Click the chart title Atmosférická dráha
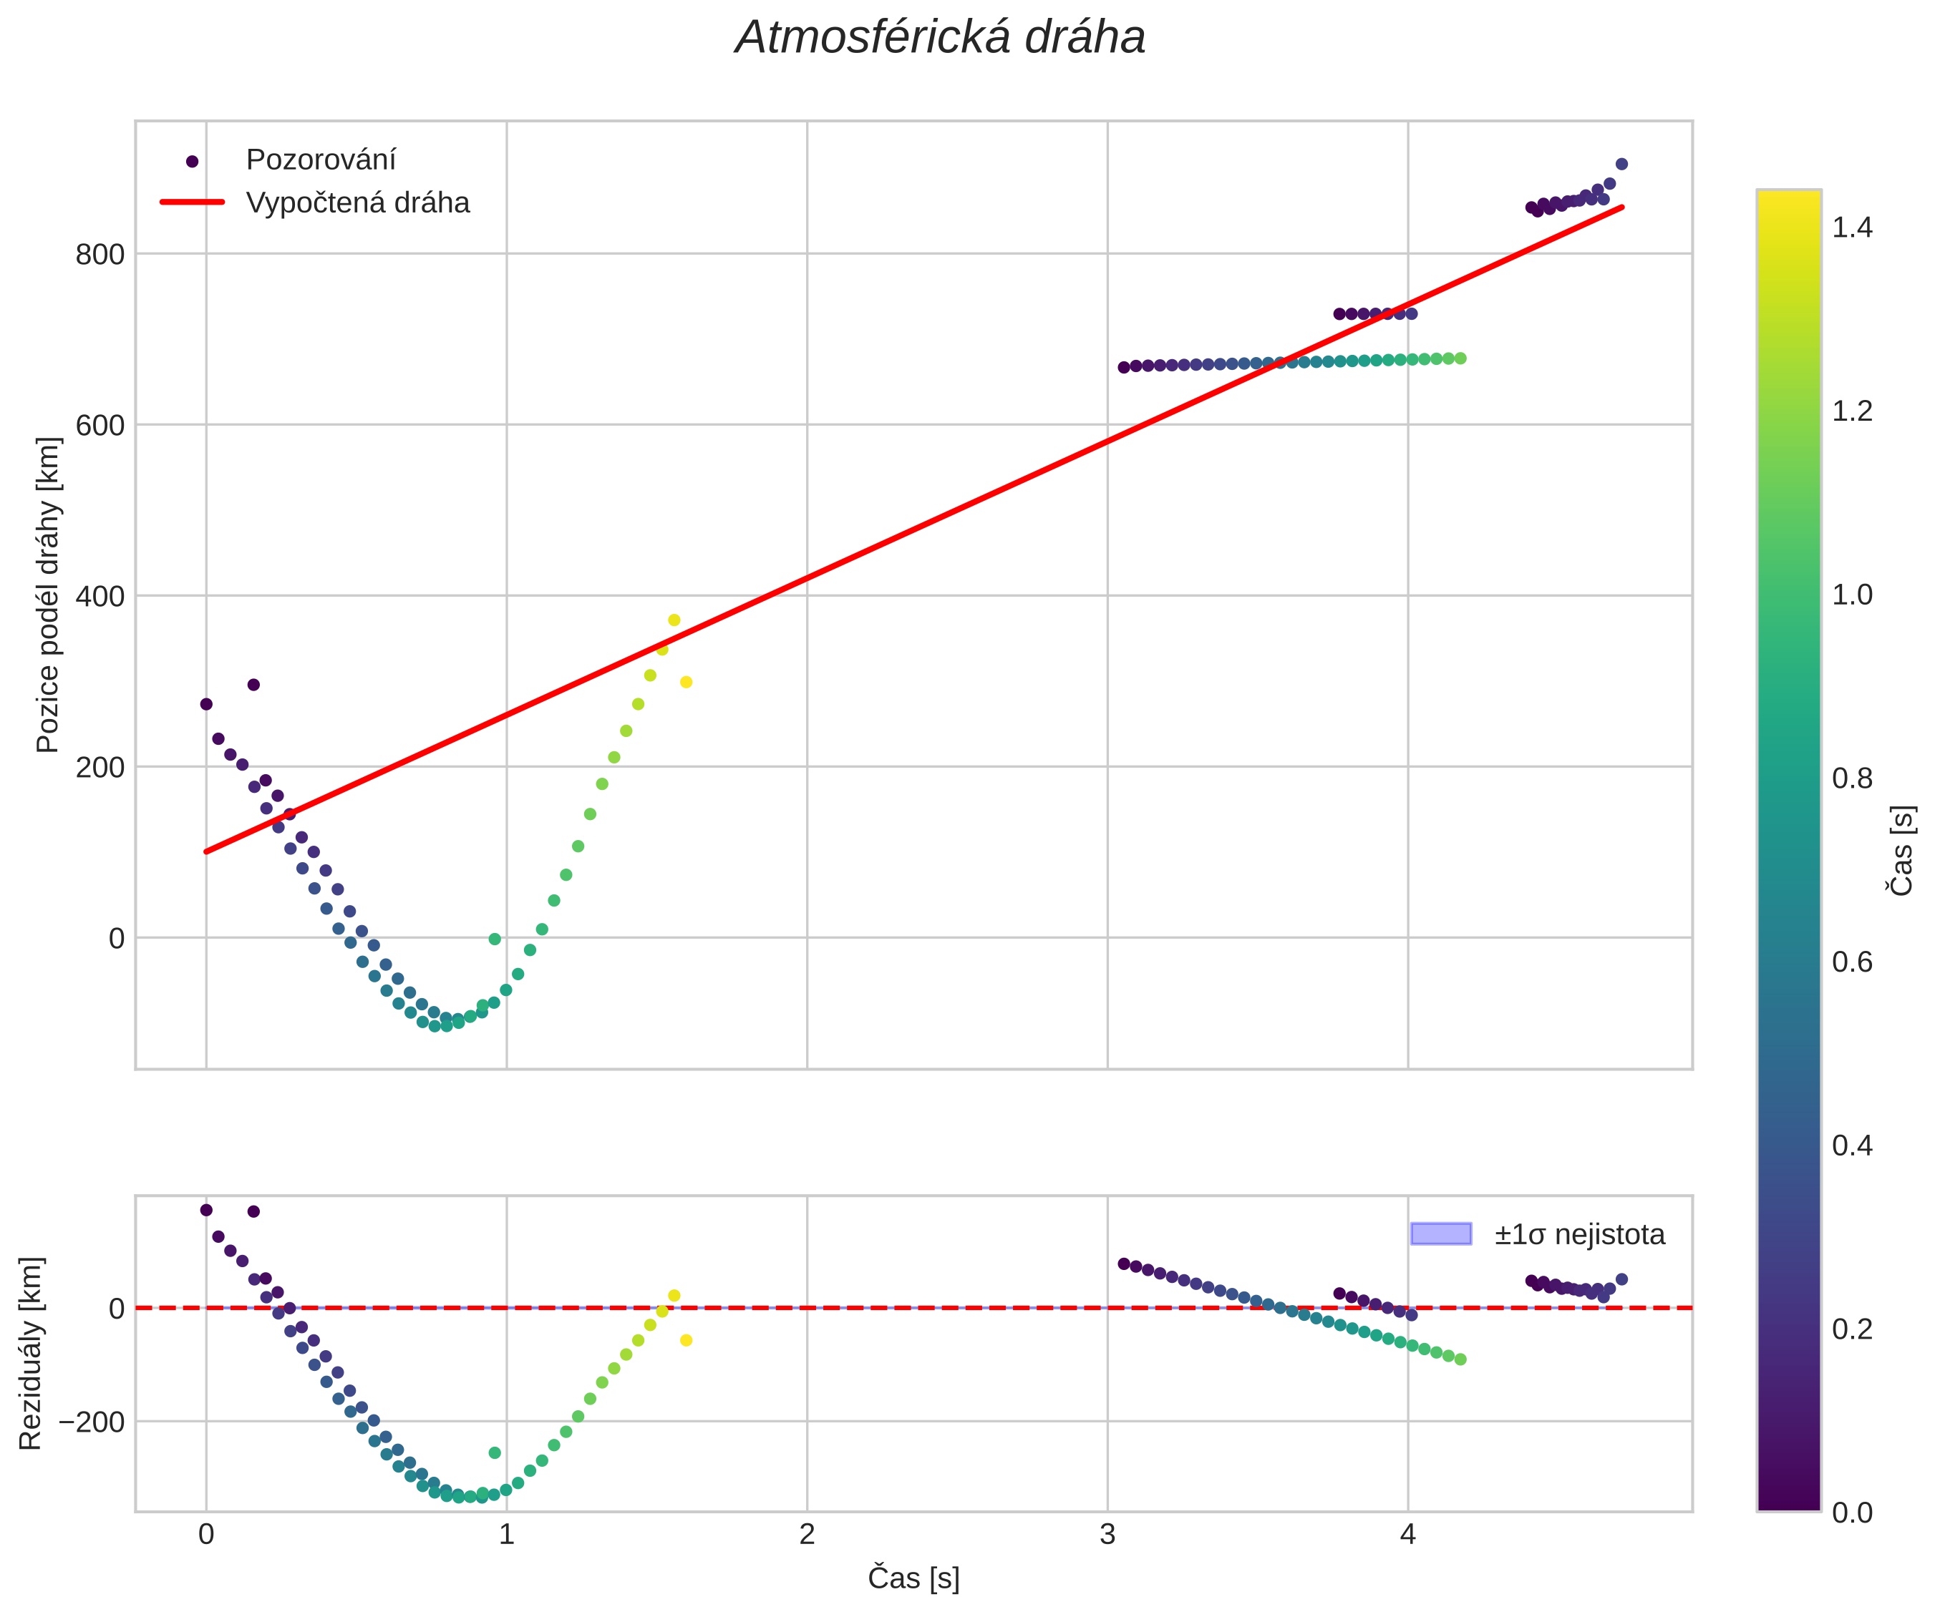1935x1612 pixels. pyautogui.click(x=940, y=39)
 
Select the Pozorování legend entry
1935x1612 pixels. pyautogui.click(x=321, y=160)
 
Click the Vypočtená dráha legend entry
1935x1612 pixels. pyautogui.click(x=357, y=202)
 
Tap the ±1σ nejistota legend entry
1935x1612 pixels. pyautogui.click(x=1579, y=1234)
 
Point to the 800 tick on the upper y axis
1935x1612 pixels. pyautogui.click(x=100, y=254)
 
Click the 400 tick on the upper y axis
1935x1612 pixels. pyautogui.click(x=100, y=596)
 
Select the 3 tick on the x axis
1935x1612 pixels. pyautogui.click(x=1107, y=1534)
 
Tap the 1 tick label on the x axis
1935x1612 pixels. pyautogui.click(x=507, y=1534)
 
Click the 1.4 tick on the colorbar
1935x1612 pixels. pyautogui.click(x=1852, y=228)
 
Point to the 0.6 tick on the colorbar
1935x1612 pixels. pyautogui.click(x=1852, y=962)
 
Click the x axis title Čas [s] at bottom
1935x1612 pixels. pyautogui.click(x=913, y=1578)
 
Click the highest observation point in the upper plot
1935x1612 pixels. pyautogui.click(x=1621, y=164)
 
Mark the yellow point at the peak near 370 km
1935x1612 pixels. pyautogui.click(x=674, y=620)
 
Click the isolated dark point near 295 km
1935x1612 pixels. pyautogui.click(x=253, y=685)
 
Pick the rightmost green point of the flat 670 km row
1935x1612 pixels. pyautogui.click(x=1460, y=358)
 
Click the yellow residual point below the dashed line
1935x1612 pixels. pyautogui.click(x=686, y=1340)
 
